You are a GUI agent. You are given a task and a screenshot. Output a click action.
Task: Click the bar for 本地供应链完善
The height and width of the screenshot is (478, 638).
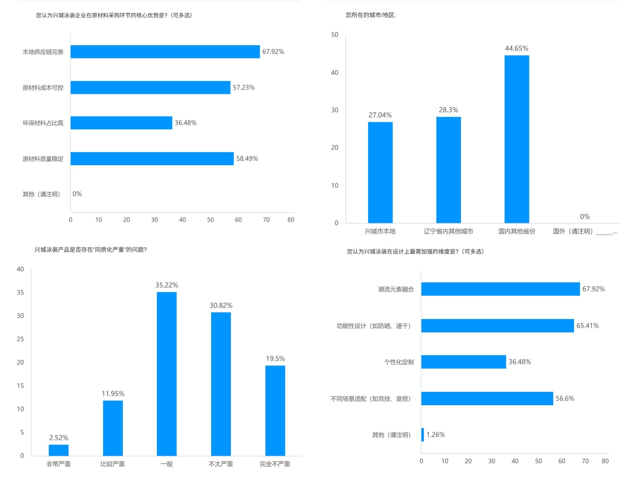coord(165,52)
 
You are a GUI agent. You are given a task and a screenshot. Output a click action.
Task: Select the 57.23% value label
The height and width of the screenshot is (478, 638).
coord(244,88)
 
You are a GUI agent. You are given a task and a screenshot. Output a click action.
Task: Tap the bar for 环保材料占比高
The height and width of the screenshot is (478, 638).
coord(121,123)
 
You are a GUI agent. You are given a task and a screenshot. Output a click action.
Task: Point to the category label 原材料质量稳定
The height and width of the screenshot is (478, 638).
coord(43,159)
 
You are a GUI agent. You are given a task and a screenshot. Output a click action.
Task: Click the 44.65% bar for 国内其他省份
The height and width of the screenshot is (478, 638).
coord(517,139)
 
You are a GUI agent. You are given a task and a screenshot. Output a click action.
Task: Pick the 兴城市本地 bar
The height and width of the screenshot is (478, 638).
coord(380,172)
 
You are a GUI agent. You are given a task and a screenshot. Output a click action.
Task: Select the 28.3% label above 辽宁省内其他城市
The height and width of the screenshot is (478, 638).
coord(448,110)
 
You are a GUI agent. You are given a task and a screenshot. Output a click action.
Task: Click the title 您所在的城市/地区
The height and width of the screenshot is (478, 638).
coord(371,15)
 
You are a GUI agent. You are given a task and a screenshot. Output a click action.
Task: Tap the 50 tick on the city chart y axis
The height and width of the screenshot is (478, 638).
coord(335,35)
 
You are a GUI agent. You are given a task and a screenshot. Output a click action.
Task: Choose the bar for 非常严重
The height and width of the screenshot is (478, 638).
coord(59,450)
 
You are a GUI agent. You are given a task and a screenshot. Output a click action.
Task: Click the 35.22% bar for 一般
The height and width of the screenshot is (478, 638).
coord(167,374)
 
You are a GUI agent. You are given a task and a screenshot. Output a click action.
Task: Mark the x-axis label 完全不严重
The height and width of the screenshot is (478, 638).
coord(275,464)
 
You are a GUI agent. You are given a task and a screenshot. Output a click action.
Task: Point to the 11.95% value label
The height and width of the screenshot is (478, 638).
coord(113,394)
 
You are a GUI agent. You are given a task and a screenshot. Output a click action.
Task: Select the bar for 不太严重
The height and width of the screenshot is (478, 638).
coord(221,384)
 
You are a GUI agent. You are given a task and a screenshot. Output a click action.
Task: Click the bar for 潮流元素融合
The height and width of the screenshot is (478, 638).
coord(500,289)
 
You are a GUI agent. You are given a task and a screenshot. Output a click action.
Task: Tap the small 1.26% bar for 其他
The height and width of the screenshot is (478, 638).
coord(423,434)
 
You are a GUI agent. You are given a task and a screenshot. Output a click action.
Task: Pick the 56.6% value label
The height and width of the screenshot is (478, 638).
coord(565,399)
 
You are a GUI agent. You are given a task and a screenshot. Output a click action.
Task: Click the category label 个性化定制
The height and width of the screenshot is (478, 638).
coord(399,362)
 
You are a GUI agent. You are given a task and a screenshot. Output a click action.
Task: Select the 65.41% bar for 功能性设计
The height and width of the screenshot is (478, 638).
coord(498,326)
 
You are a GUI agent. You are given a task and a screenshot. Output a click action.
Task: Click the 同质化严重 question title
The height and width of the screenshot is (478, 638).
coord(90,250)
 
